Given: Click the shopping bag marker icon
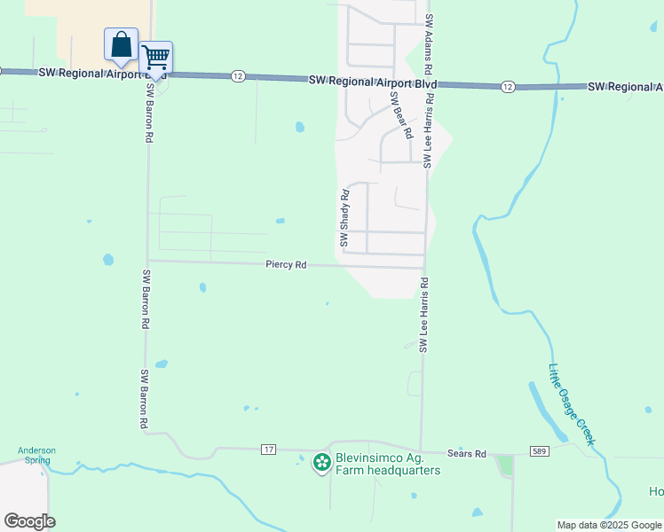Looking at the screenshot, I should (121, 43).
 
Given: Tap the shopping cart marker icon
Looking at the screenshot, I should (156, 58).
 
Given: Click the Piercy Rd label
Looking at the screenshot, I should (286, 265).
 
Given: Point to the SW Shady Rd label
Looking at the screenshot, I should (344, 216).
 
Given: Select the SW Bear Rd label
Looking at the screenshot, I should (402, 116).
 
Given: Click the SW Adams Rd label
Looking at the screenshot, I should (429, 43).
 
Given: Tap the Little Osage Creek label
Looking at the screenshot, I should (573, 405).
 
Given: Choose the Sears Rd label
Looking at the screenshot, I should (468, 454).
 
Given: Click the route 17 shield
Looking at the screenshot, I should (268, 450).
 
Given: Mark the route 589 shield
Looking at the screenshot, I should (540, 452).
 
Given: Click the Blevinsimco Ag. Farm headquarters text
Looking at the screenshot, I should (387, 465).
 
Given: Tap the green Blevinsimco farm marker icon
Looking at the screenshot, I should (320, 462).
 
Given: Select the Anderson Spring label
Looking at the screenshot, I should (36, 455).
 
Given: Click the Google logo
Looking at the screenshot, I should (29, 521).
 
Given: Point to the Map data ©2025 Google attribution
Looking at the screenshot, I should (609, 525).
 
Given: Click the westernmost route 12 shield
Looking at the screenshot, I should (237, 76).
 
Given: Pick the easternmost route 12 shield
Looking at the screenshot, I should (507, 86).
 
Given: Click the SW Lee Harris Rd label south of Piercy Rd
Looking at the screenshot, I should (424, 315).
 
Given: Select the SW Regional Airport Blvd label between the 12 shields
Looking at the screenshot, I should (373, 81).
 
